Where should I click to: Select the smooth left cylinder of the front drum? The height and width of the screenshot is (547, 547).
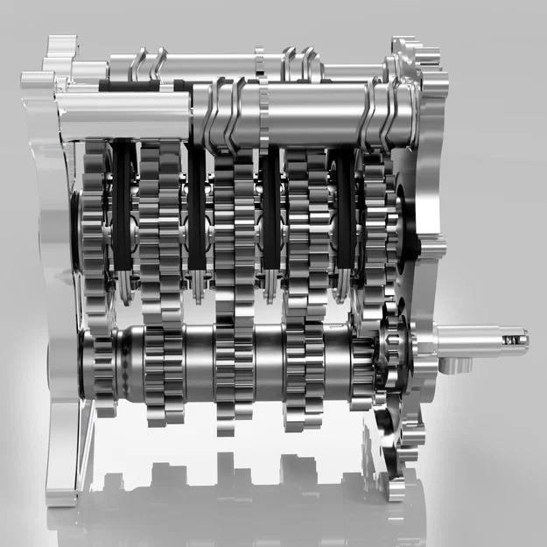pos(123,114)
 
